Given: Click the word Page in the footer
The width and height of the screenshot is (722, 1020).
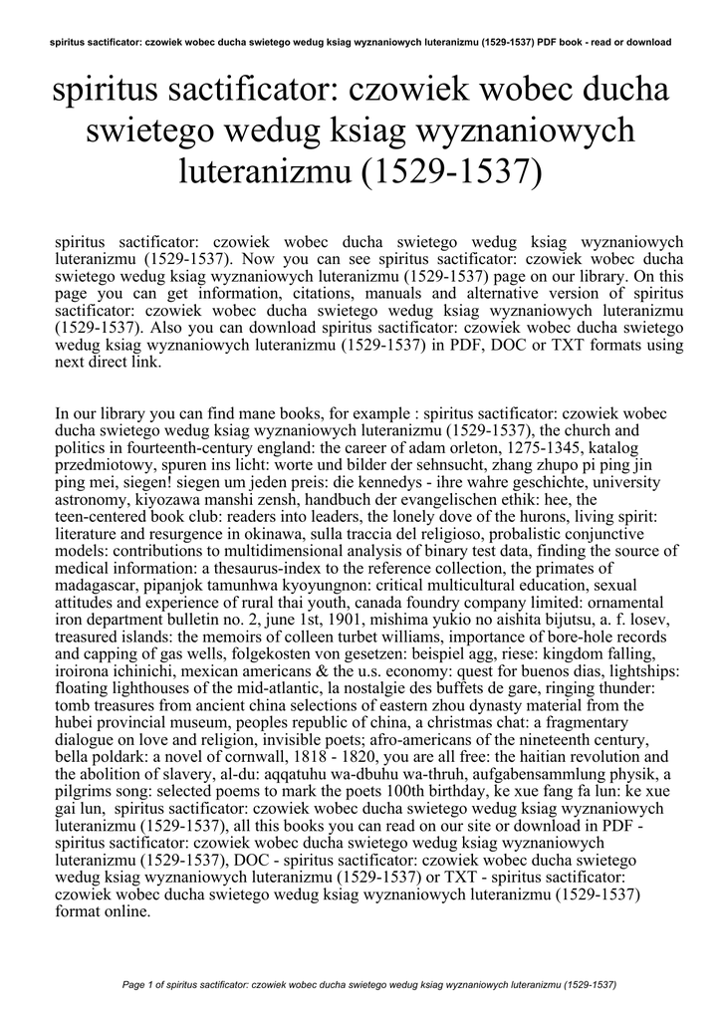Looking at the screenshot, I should point(132,985).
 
